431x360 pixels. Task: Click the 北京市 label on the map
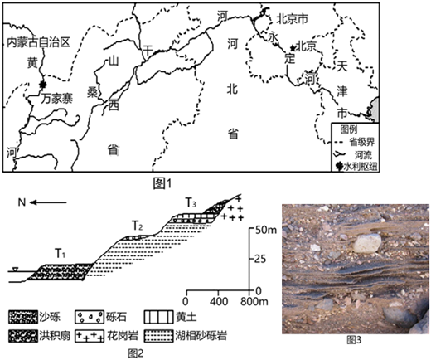click(x=292, y=19)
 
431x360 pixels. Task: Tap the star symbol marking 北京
click(x=293, y=48)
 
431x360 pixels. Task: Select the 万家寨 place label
click(x=56, y=99)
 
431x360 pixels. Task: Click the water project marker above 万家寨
click(x=42, y=85)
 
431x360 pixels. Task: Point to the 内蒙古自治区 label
click(x=38, y=42)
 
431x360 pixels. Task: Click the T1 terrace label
click(x=61, y=253)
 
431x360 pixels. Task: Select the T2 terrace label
click(x=138, y=226)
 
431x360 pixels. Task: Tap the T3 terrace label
click(x=191, y=202)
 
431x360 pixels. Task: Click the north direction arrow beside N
click(x=48, y=202)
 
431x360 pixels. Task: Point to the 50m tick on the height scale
click(x=251, y=229)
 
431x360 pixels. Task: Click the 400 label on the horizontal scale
click(x=219, y=301)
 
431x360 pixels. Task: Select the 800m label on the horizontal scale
click(x=254, y=301)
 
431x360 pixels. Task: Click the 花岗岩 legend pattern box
click(x=90, y=336)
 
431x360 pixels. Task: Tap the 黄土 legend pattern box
click(x=158, y=317)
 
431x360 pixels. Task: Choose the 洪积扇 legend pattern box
click(x=23, y=336)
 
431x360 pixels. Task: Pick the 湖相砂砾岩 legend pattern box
click(x=158, y=336)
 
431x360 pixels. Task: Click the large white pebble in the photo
click(x=367, y=243)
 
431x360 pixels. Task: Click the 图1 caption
click(x=162, y=183)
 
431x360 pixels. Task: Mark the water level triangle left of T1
click(x=16, y=269)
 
